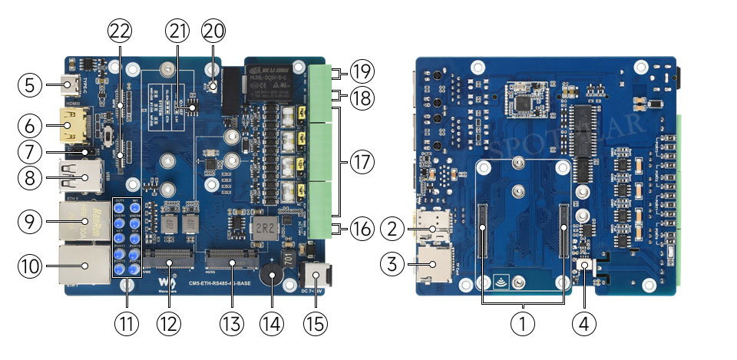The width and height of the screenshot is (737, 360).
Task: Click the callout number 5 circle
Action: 29,84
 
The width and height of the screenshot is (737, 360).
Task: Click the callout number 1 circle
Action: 524,324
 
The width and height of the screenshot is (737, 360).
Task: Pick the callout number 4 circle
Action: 584,324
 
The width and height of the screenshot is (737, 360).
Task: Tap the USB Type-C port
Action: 74,84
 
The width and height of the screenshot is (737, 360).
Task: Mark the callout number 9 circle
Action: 29,222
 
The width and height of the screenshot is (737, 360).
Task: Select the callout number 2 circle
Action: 394,228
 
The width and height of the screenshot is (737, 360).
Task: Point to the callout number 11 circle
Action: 127,324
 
